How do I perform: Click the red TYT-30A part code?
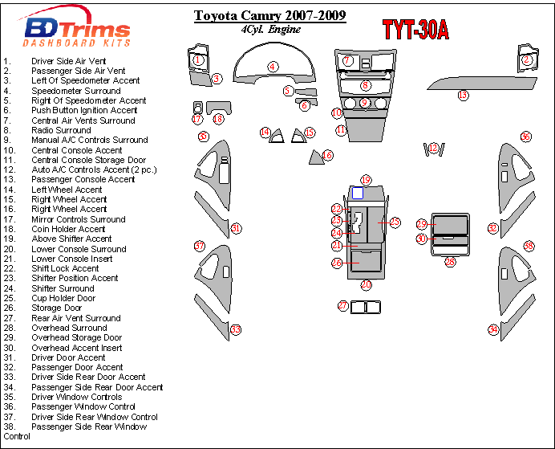pos(415,30)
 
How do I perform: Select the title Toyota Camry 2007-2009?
pos(270,15)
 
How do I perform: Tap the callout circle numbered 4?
pos(273,67)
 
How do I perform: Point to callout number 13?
pos(463,96)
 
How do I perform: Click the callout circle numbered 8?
pos(365,85)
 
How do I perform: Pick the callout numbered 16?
pos(327,155)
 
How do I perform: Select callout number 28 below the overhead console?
pos(450,261)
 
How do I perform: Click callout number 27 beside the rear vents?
pos(342,305)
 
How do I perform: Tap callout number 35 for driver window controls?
pos(203,137)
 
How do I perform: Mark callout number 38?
pos(529,245)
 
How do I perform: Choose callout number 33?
pos(236,329)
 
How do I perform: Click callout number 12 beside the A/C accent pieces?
pos(434,148)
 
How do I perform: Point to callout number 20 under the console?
pos(366,284)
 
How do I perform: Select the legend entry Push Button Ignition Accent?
pos(84,111)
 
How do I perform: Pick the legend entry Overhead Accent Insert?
pos(77,348)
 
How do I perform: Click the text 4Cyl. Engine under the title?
pos(271,30)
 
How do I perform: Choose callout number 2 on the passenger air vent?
pos(527,59)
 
